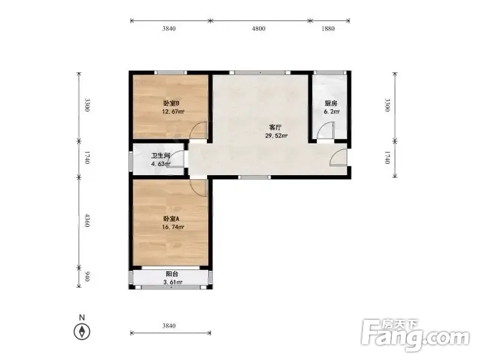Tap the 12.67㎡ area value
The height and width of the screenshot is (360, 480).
(173, 112)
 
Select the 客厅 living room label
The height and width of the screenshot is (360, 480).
(275, 128)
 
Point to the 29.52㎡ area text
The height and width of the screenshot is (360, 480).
(276, 136)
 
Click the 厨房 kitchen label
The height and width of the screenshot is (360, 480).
(331, 103)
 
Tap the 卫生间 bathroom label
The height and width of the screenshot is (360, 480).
(160, 155)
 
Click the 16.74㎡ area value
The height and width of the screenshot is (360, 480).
(173, 227)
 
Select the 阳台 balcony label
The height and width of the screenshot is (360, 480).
(172, 274)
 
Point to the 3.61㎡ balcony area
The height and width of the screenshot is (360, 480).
(173, 282)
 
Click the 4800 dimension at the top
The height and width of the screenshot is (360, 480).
(259, 29)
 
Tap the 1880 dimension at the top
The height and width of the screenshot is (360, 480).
(328, 29)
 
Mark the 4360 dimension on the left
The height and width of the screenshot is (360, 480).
(87, 221)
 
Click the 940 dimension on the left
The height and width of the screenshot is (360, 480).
(87, 277)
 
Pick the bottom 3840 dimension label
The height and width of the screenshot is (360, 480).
(169, 326)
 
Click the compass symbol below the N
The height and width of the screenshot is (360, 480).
(82, 332)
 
